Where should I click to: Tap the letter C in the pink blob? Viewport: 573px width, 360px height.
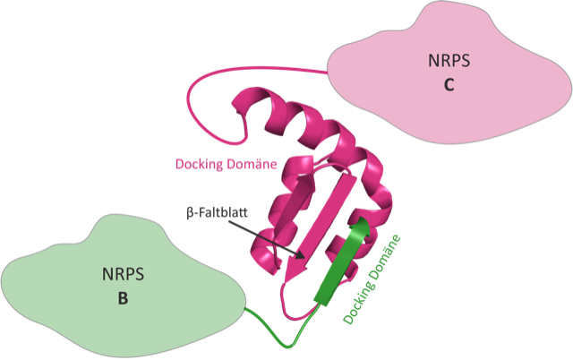click(449, 86)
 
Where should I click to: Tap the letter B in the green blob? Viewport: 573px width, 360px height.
click(123, 298)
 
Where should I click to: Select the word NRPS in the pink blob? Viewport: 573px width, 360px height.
click(449, 63)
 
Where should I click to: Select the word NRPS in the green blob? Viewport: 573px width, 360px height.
click(123, 275)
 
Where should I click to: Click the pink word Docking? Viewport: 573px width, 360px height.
click(200, 165)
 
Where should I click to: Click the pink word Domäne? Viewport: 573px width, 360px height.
click(252, 165)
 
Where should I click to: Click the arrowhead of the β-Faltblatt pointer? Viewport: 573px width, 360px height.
click(302, 257)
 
